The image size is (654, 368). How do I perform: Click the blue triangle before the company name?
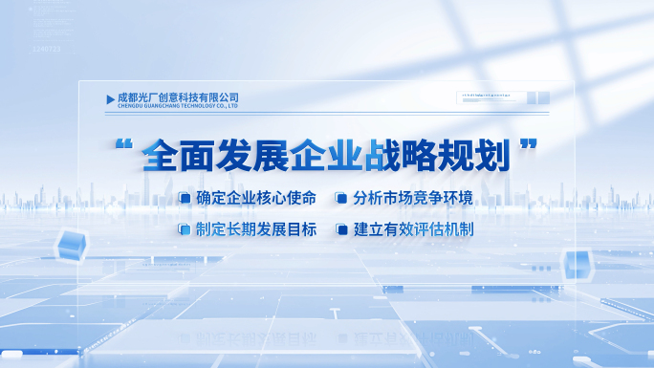(x=110, y=99)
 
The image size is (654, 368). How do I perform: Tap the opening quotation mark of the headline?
(x=121, y=149)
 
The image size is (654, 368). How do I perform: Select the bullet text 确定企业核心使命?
(x=255, y=199)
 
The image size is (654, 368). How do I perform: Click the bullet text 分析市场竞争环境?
(x=413, y=199)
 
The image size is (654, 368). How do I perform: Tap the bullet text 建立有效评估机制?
(x=413, y=229)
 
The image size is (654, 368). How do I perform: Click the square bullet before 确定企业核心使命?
(x=185, y=199)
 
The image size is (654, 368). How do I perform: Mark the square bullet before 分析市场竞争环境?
(x=340, y=199)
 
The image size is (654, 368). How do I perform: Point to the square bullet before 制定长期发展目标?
(x=185, y=229)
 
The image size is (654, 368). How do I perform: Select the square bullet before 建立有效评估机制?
(x=340, y=229)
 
